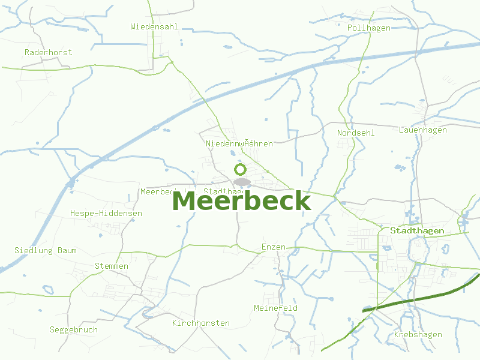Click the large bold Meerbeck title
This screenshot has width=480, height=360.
241,202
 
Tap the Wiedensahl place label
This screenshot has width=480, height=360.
154,26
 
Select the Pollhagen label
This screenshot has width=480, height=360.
369,28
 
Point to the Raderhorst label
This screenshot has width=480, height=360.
49,52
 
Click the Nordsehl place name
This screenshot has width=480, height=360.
356,133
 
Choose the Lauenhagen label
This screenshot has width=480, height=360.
423,130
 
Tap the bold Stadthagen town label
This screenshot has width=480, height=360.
417,230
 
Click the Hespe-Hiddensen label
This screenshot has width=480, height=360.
106,213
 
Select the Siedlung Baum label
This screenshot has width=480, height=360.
46,250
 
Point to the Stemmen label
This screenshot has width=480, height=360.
112,266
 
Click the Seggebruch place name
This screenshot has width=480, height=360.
74,330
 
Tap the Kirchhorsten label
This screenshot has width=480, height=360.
201,323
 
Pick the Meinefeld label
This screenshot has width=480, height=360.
276,308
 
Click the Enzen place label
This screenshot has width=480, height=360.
274,247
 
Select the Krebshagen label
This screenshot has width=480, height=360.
418,335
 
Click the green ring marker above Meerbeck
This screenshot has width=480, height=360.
241,169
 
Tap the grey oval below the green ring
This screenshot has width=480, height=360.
242,181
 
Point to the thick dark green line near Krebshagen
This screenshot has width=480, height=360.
420,297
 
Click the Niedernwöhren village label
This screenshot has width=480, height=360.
239,143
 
